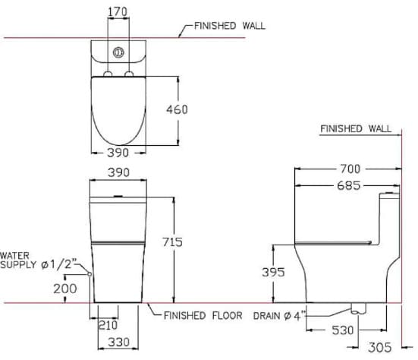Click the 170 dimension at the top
click(118, 11)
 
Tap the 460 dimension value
click(176, 109)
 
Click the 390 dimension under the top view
click(118, 153)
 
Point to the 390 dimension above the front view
click(118, 172)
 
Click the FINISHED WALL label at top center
click(230, 25)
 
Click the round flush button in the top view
click(118, 53)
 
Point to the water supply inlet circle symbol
click(90, 273)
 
